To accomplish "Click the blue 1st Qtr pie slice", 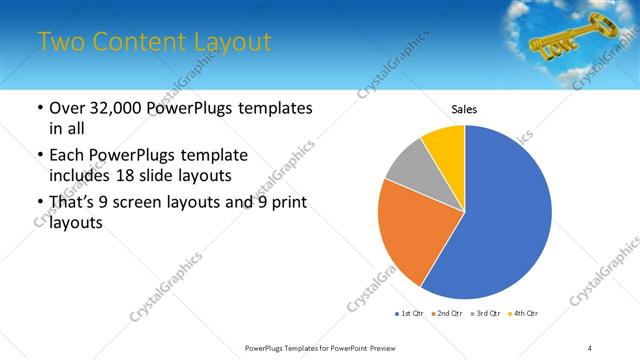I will (505, 215).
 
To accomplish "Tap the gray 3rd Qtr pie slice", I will (407, 165).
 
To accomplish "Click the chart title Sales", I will (465, 109).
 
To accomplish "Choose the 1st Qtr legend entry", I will (411, 314).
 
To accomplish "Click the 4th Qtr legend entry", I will (523, 314).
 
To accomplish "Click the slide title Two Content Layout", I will (154, 42).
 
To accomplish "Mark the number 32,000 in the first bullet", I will (120, 108).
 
